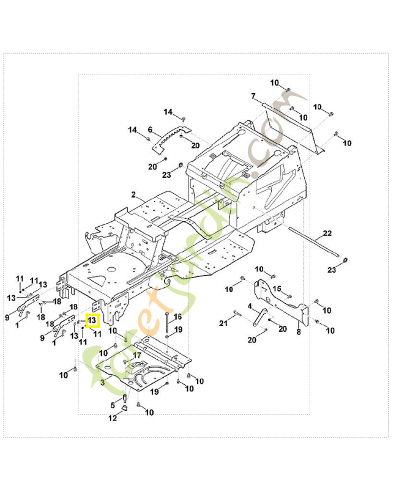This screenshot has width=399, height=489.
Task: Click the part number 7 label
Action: pyautogui.click(x=252, y=97)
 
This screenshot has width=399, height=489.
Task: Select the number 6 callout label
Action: pyautogui.click(x=150, y=130)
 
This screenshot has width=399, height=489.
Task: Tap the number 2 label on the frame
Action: pyautogui.click(x=133, y=194)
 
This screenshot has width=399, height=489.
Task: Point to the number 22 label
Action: pyautogui.click(x=327, y=234)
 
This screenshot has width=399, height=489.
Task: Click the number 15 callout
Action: pyautogui.click(x=277, y=289)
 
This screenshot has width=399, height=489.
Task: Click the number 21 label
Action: pyautogui.click(x=223, y=322)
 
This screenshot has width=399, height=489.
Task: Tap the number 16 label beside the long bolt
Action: pyautogui.click(x=178, y=317)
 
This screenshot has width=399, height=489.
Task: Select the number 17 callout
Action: pyautogui.click(x=137, y=355)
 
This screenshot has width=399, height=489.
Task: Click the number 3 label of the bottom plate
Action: pyautogui.click(x=102, y=383)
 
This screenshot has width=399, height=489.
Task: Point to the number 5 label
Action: pyautogui.click(x=113, y=405)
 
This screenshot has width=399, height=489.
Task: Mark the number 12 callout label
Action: pyautogui.click(x=113, y=419)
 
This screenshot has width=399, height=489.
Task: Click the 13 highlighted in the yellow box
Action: pyautogui.click(x=92, y=320)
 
